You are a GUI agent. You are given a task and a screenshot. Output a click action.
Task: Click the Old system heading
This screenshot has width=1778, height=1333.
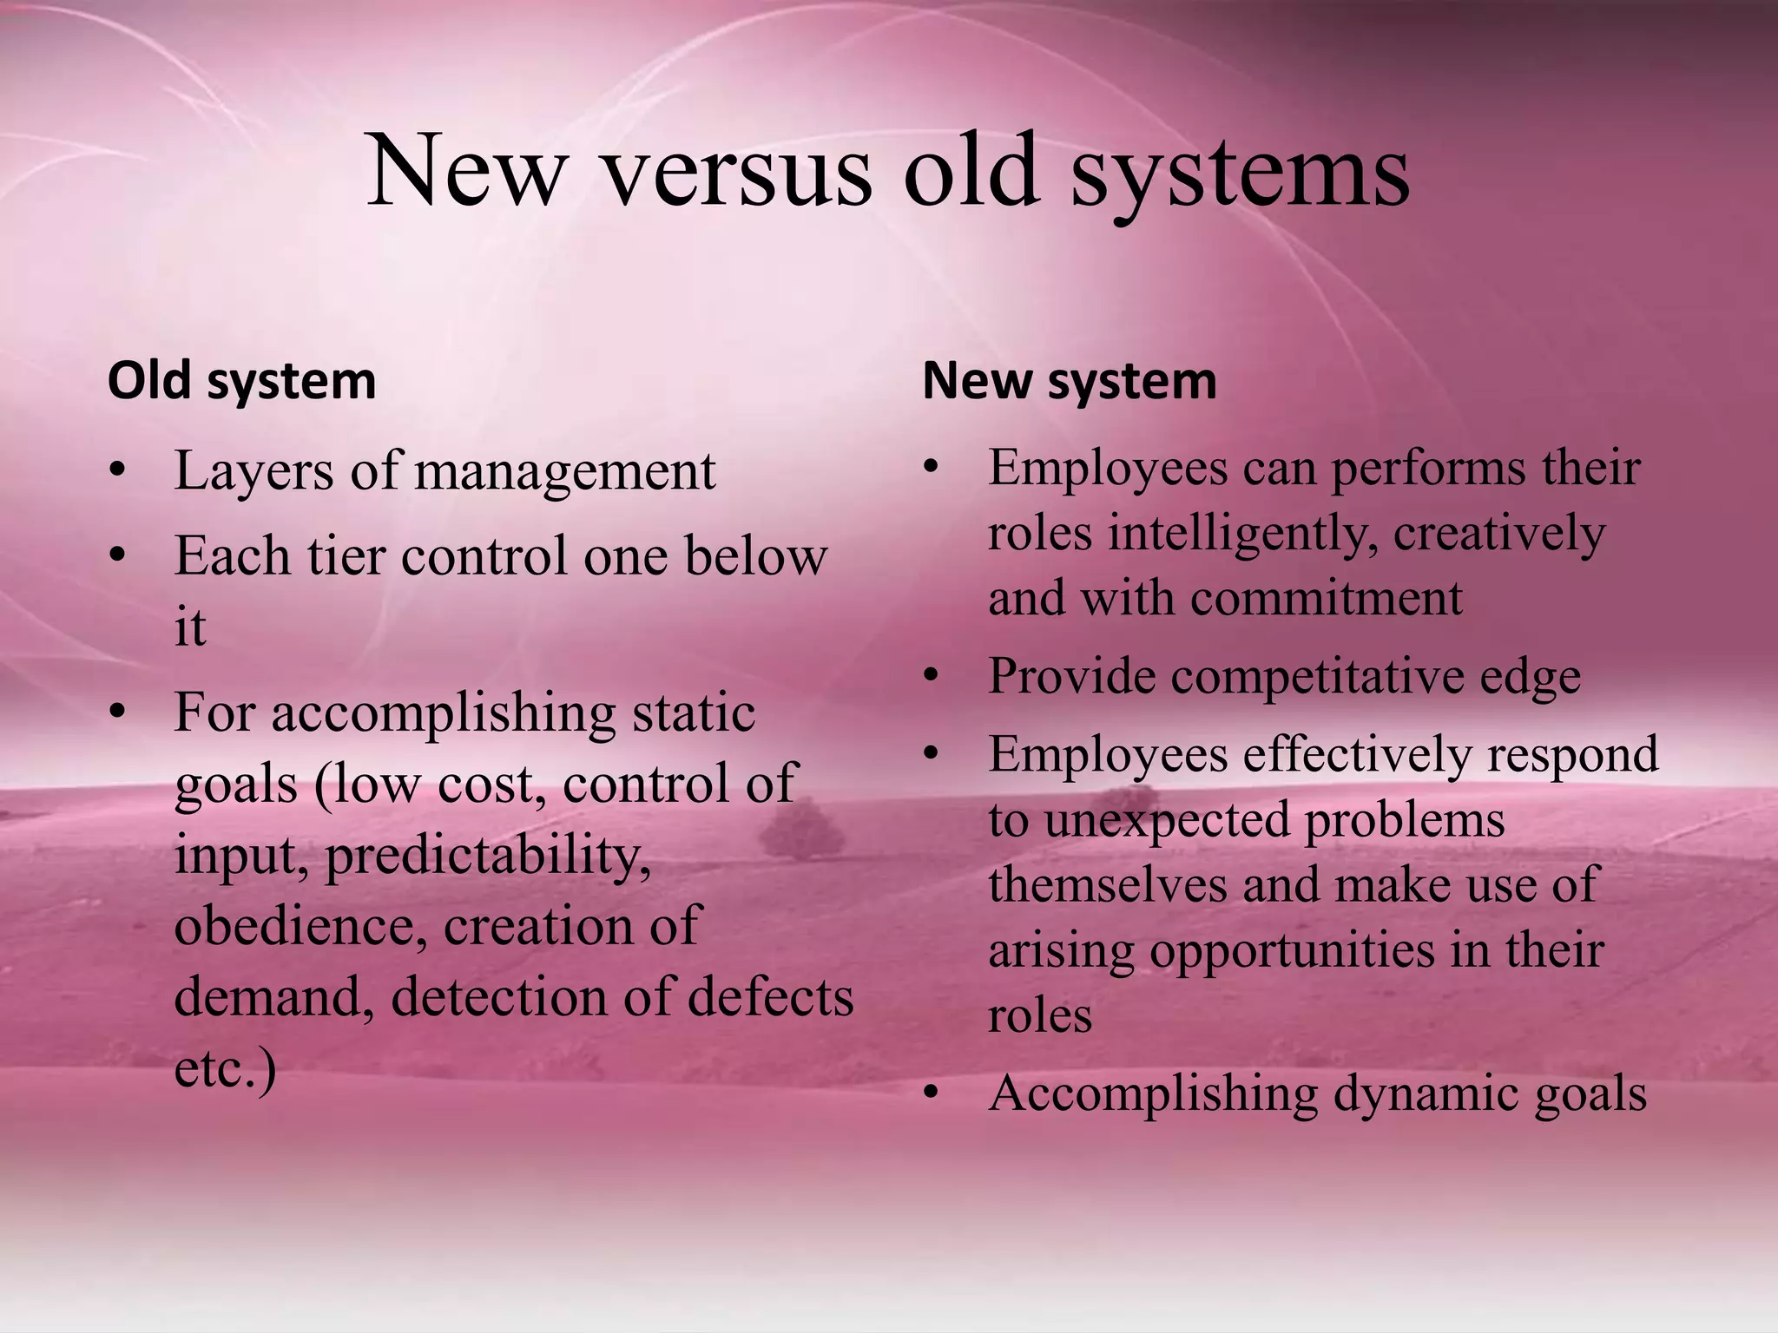241,381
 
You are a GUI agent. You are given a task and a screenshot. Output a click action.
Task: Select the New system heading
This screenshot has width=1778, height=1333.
1070,381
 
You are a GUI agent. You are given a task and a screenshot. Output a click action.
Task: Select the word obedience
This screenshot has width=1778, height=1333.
300,926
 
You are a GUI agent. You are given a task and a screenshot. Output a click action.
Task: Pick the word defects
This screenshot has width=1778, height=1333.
771,997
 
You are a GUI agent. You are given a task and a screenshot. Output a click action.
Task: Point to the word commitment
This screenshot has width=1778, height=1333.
1327,599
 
